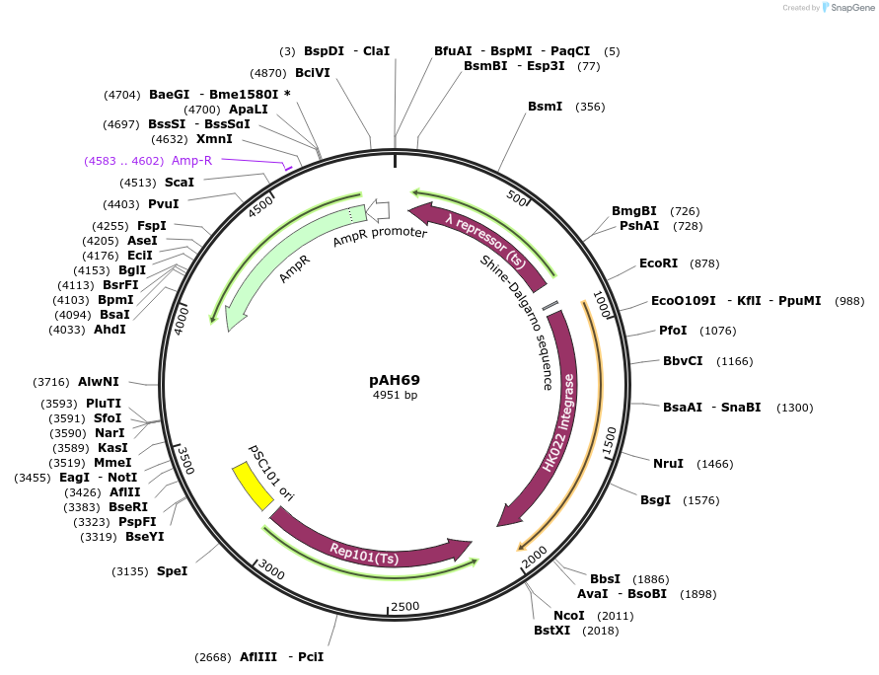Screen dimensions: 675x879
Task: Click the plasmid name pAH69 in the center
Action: (395, 379)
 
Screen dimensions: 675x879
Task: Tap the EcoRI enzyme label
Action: (658, 263)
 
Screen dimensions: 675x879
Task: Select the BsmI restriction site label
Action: (545, 107)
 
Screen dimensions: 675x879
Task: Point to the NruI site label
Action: (668, 464)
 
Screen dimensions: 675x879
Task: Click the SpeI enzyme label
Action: (172, 570)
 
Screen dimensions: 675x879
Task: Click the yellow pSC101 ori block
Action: (253, 486)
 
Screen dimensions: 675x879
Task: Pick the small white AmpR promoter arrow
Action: (378, 210)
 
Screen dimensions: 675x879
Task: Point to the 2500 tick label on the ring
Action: (405, 606)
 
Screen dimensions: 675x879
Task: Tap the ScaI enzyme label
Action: (179, 183)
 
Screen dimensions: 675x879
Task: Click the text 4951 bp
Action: (395, 395)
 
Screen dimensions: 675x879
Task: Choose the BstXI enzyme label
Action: (551, 631)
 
